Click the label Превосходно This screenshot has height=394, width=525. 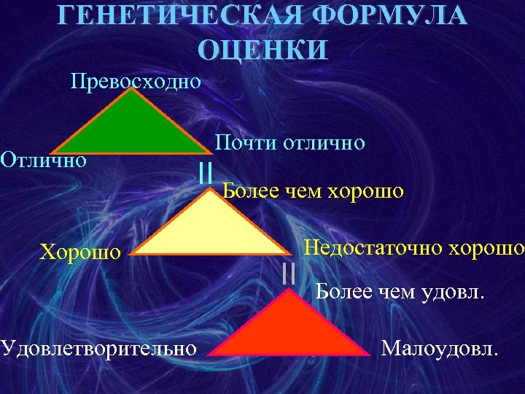[x=136, y=80]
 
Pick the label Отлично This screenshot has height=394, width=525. [x=44, y=158]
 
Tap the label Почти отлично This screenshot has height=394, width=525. [x=289, y=142]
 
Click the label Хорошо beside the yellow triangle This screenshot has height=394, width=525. [x=79, y=252]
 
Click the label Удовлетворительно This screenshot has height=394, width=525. [x=98, y=347]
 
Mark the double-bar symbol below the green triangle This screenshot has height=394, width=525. [x=206, y=173]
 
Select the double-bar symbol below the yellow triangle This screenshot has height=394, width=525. [x=288, y=272]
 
